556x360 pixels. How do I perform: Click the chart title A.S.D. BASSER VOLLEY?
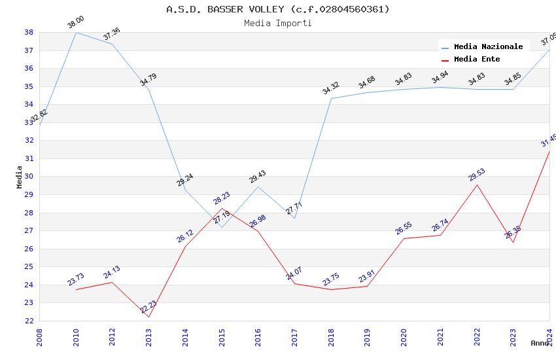point(277,9)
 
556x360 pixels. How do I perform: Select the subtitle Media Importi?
point(277,23)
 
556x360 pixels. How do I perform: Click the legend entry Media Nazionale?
point(488,46)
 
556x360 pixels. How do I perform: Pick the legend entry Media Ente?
point(477,59)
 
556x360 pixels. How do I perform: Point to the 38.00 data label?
point(76,23)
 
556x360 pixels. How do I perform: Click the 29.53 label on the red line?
point(477,175)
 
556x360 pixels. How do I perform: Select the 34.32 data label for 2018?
point(331,88)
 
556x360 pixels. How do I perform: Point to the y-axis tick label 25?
point(29,266)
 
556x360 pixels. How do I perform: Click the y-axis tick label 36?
point(29,68)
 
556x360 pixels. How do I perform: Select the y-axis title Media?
point(19,177)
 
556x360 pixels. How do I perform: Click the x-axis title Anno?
point(540,343)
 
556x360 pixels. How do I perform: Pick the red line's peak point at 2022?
point(477,185)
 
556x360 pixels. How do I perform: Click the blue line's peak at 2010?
point(76,32)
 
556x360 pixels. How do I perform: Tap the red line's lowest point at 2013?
point(149,317)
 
